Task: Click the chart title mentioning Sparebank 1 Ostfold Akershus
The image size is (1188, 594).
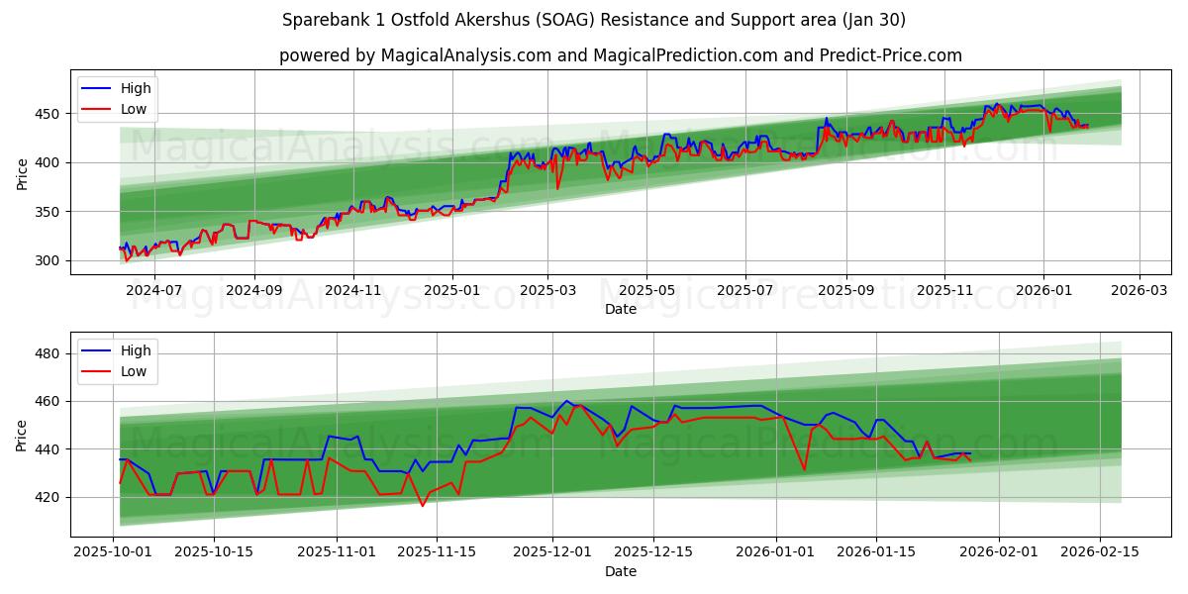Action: (x=594, y=20)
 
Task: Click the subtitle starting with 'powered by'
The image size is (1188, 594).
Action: (x=621, y=55)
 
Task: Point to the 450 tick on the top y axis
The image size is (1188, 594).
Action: (x=49, y=114)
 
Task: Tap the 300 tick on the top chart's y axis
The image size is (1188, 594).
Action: (x=49, y=260)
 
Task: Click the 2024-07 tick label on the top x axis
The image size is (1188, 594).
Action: (x=156, y=291)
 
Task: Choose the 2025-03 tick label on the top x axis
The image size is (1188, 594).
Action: (x=548, y=291)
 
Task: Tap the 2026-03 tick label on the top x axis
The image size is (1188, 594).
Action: (x=1138, y=291)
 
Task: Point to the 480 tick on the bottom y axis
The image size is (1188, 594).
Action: (x=49, y=353)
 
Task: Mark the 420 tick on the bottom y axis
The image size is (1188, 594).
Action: (x=49, y=497)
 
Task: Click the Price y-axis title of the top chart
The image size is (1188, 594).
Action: (x=22, y=172)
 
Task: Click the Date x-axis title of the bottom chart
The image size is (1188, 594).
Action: (x=621, y=572)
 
